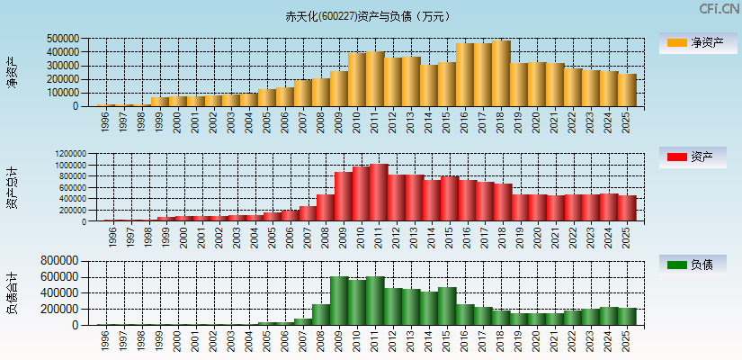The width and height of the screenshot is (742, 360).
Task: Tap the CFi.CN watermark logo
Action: [x=719, y=9]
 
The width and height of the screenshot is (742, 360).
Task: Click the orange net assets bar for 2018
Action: [x=501, y=74]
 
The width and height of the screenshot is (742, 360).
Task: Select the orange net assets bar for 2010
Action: [x=357, y=80]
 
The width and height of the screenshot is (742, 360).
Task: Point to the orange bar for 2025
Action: [x=627, y=90]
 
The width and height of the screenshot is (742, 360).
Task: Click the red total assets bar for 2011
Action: [x=379, y=193]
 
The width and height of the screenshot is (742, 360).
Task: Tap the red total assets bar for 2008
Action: [x=326, y=208]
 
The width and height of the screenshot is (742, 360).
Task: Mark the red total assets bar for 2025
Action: [x=627, y=208]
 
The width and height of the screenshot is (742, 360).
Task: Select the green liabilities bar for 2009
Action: [x=339, y=301]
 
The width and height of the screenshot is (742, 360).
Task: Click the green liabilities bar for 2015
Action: [x=447, y=306]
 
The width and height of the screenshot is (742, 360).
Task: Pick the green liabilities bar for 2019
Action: [x=519, y=319]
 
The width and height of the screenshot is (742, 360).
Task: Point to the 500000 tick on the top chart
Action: [x=63, y=39]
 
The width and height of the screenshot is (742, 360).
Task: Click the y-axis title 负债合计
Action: [x=13, y=292]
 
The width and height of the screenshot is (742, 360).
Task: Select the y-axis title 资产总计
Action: [x=13, y=187]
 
